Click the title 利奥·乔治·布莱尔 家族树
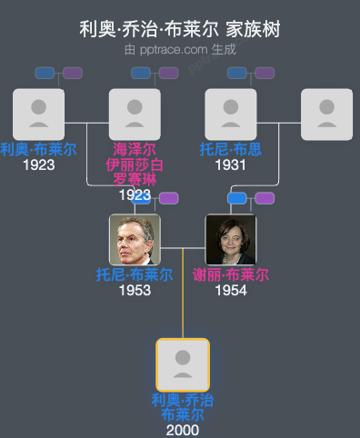pyautogui.click(x=180, y=29)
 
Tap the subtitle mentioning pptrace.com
pyautogui.click(x=180, y=49)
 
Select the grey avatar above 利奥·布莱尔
pyautogui.click(x=38, y=114)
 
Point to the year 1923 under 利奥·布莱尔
pyautogui.click(x=38, y=165)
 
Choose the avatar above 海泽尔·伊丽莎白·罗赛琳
pyautogui.click(x=135, y=114)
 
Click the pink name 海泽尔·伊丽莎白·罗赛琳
pyautogui.click(x=135, y=164)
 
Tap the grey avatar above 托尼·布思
pyautogui.click(x=231, y=114)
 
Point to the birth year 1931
pyautogui.click(x=231, y=165)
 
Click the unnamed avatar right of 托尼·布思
pyautogui.click(x=326, y=114)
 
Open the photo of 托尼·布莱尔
pyautogui.click(x=135, y=239)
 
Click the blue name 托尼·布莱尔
pyautogui.click(x=135, y=275)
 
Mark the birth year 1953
pyautogui.click(x=135, y=291)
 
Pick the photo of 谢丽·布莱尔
pyautogui.click(x=231, y=239)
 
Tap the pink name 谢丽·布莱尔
pyautogui.click(x=231, y=275)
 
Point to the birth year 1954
pyautogui.click(x=231, y=291)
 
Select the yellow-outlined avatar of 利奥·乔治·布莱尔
pyautogui.click(x=183, y=364)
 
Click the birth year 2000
pyautogui.click(x=183, y=430)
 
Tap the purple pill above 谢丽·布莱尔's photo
pyautogui.click(x=265, y=198)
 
